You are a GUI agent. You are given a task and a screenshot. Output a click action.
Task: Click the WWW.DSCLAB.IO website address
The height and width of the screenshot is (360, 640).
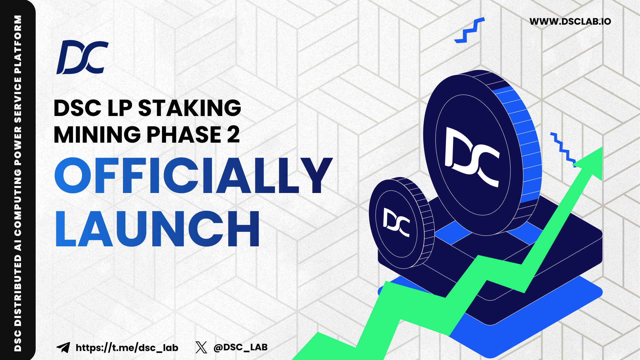click(x=570, y=22)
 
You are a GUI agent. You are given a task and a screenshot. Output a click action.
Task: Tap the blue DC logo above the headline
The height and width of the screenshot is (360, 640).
click(x=82, y=57)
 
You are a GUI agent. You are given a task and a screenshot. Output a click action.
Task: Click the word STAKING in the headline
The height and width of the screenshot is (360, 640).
click(x=189, y=108)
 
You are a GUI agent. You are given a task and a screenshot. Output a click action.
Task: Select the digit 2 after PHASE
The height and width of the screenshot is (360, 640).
click(x=233, y=134)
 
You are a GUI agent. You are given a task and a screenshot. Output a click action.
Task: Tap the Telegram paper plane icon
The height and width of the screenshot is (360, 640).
click(x=63, y=347)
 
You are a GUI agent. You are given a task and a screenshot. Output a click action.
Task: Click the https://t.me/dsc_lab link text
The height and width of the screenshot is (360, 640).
click(x=127, y=348)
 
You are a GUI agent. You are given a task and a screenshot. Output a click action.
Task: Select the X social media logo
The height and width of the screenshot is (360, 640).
click(x=201, y=347)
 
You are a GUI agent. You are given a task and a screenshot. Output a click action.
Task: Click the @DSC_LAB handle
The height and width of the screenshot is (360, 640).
click(x=240, y=347)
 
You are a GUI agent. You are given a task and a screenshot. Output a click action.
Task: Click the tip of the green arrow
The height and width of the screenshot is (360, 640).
click(x=602, y=147)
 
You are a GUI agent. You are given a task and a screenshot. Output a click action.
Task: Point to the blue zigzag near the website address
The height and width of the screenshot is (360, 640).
click(x=469, y=30)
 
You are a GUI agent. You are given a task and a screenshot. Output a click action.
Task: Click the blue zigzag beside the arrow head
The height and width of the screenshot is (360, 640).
click(x=563, y=150)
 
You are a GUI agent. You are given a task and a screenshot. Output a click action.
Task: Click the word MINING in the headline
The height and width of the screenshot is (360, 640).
click(x=97, y=134)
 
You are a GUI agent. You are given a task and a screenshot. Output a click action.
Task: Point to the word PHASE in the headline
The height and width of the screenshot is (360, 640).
click(x=184, y=134)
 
